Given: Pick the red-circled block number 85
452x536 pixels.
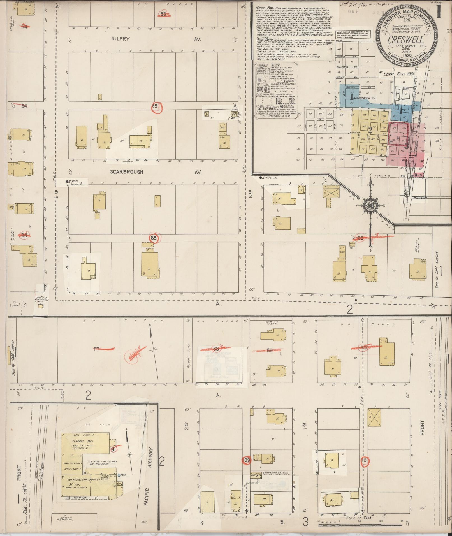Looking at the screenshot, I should tap(154, 238).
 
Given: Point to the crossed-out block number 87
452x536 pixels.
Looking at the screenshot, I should tap(97, 349).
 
